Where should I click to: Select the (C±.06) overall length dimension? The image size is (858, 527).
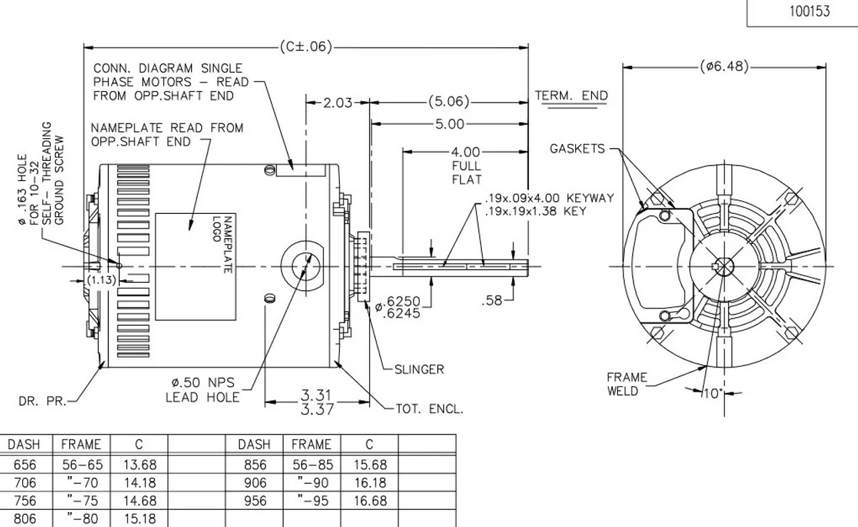point(305,47)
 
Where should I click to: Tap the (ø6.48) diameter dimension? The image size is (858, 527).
point(723,66)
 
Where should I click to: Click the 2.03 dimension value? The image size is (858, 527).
point(338,103)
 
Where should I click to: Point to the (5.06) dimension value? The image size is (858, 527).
point(448,103)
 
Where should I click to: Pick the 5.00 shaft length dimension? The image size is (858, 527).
point(450,124)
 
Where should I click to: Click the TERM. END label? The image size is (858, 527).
point(571,96)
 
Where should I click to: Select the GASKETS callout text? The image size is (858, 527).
point(577,149)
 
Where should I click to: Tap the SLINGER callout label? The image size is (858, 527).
point(419,369)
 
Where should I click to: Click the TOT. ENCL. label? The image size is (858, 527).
point(429,408)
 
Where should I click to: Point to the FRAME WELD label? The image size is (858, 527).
point(627,384)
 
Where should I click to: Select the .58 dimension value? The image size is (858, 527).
point(492,301)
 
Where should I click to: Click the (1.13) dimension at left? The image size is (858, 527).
point(103,280)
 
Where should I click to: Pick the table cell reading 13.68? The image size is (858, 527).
point(139,465)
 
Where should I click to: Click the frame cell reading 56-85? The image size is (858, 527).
point(312,465)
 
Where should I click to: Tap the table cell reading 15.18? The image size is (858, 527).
point(139,519)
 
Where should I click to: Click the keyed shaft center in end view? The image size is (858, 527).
point(723,266)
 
